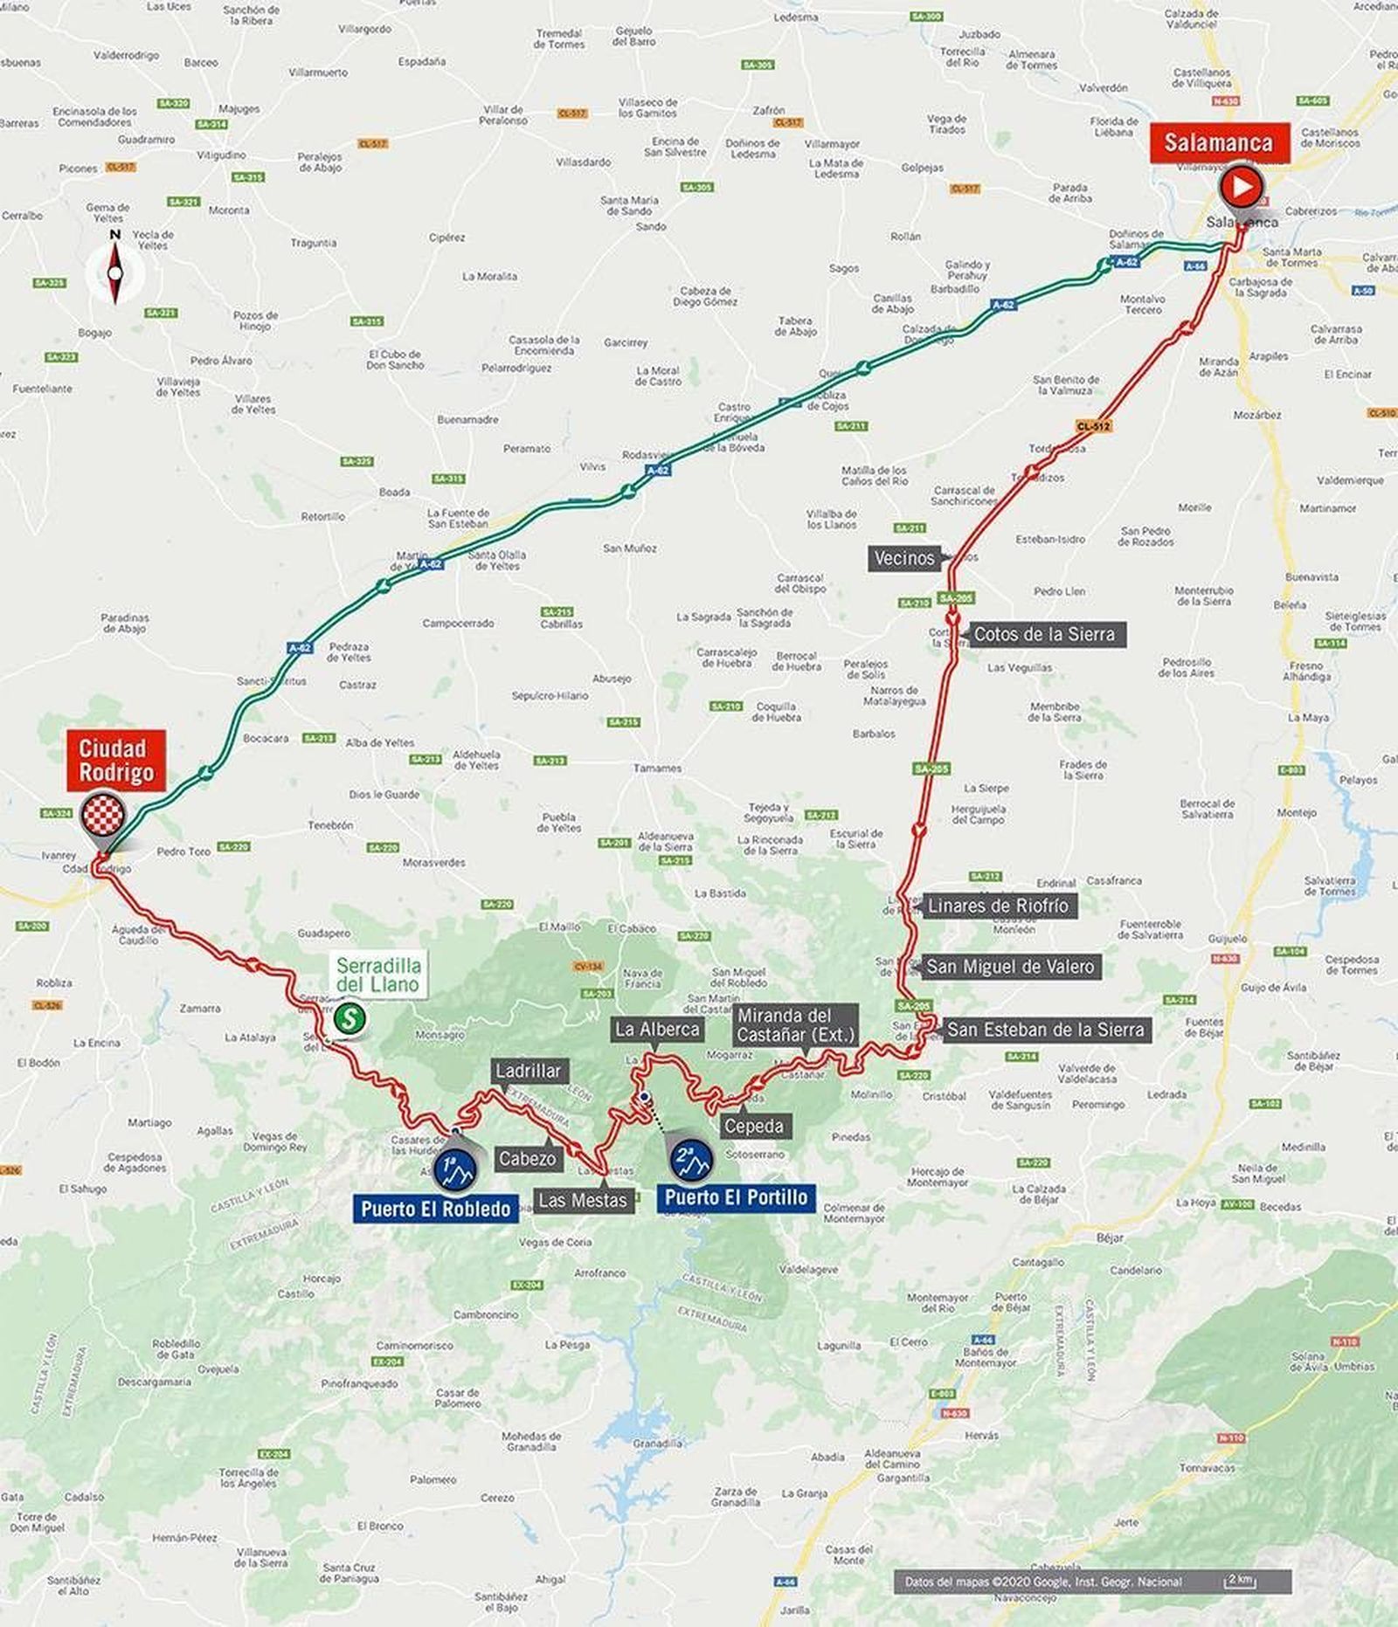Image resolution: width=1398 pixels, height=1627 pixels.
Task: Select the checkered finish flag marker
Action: point(103,817)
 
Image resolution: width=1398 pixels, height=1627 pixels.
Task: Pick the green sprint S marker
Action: point(349,1017)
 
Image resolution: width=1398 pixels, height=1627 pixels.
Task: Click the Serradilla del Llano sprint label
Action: point(378,976)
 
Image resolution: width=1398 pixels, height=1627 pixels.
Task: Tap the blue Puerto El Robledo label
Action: point(435,1209)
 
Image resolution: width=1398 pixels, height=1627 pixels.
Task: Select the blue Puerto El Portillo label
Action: point(736,1196)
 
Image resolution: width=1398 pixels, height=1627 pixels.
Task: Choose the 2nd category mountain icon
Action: point(691,1159)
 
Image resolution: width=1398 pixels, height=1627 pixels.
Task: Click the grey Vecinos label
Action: point(904,558)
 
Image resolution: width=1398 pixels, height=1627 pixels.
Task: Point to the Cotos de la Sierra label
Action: point(1044,634)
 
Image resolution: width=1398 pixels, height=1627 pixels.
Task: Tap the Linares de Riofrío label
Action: point(997,906)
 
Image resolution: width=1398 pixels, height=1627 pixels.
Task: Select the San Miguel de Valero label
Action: point(1009,967)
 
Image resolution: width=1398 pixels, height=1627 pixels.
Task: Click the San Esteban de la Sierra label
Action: point(1045,1030)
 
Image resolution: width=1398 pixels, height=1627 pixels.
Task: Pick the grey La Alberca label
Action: point(657,1029)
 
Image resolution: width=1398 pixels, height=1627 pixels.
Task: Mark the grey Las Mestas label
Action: point(583,1200)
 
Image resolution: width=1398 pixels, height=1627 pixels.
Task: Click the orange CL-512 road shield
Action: point(1093,426)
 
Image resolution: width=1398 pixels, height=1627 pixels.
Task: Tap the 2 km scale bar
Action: point(1241,1579)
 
